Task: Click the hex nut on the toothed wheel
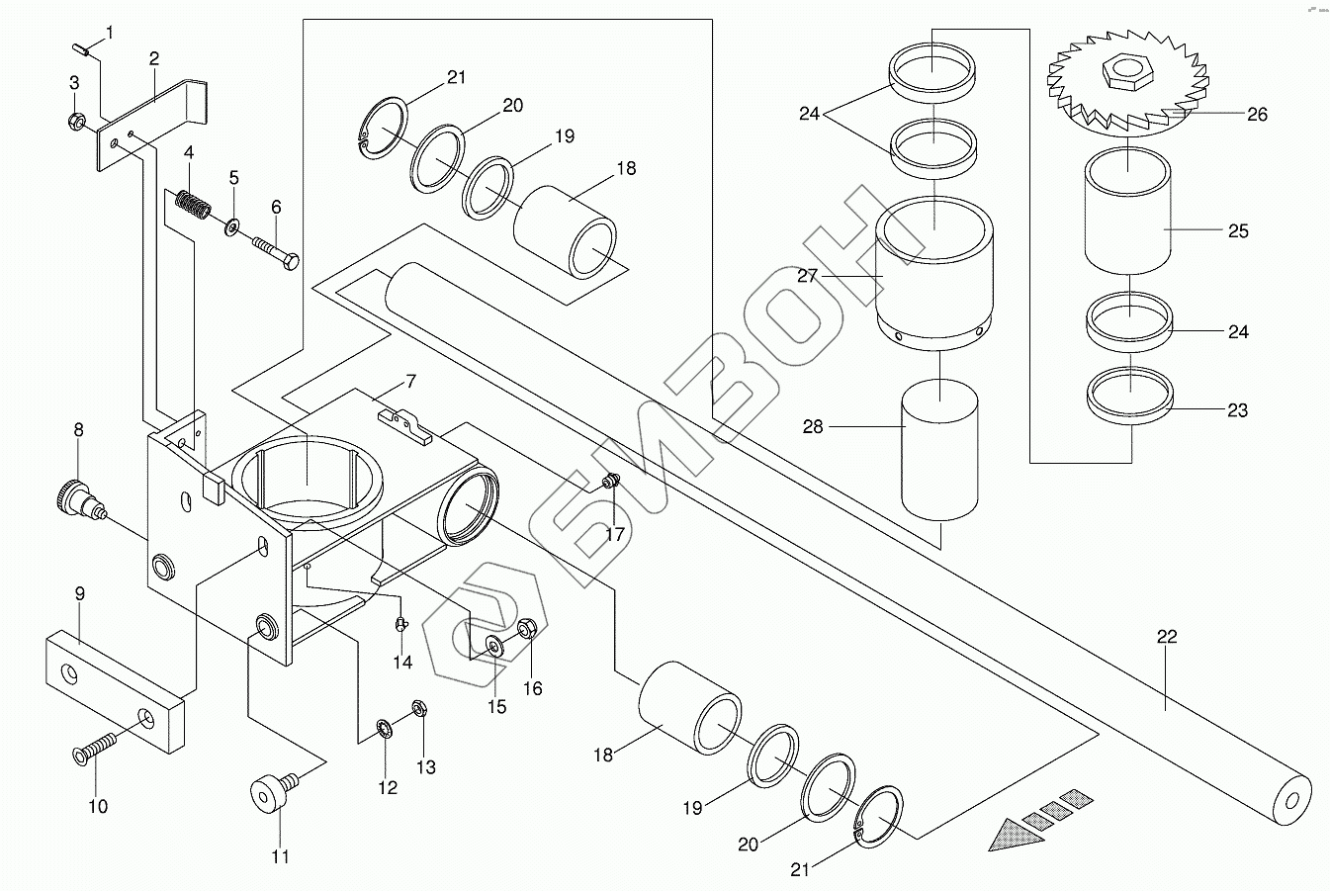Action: [1128, 73]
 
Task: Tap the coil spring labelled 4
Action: [193, 204]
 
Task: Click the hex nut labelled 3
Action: [75, 121]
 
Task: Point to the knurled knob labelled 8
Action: [81, 499]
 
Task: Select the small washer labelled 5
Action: [231, 226]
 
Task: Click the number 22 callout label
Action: [1167, 637]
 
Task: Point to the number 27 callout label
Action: [808, 276]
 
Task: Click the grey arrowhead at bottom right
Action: [1016, 836]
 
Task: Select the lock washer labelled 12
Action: [383, 729]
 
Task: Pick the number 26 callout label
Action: [1257, 114]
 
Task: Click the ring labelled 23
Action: [1130, 396]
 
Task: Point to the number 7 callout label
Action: [411, 381]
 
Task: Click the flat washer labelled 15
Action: [494, 644]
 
